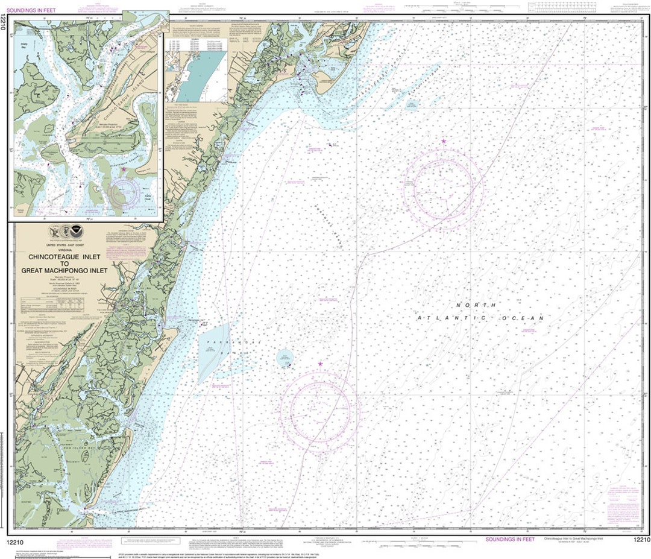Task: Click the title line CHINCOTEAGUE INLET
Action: coord(64,257)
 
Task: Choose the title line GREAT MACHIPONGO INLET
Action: coord(64,271)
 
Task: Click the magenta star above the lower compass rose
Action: coord(320,364)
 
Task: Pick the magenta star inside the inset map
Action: coord(124,169)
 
